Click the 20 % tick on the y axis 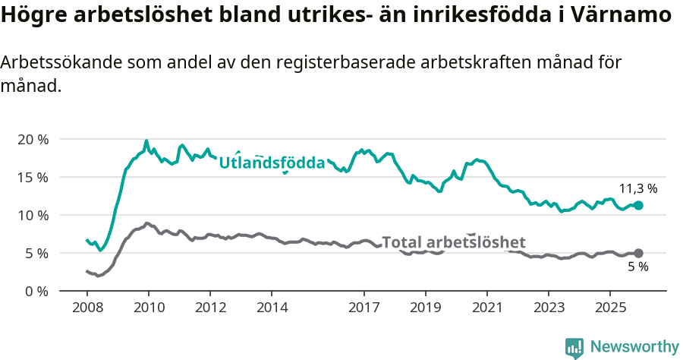pyautogui.click(x=32, y=139)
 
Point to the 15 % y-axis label pyautogui.click(x=32, y=177)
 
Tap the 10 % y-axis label pyautogui.click(x=32, y=215)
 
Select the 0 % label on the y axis pyautogui.click(x=35, y=291)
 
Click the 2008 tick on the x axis pyautogui.click(x=87, y=308)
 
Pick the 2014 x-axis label pyautogui.click(x=272, y=308)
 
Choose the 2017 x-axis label pyautogui.click(x=364, y=308)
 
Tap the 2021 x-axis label pyautogui.click(x=486, y=308)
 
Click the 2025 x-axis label pyautogui.click(x=609, y=308)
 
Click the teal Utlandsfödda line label pyautogui.click(x=272, y=163)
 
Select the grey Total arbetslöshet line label pyautogui.click(x=453, y=242)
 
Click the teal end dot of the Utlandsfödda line pyautogui.click(x=638, y=205)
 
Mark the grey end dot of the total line pyautogui.click(x=638, y=253)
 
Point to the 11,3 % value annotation pyautogui.click(x=638, y=188)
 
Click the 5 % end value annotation pyautogui.click(x=638, y=267)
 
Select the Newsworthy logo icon pyautogui.click(x=574, y=348)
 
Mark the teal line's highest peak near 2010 pyautogui.click(x=146, y=141)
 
